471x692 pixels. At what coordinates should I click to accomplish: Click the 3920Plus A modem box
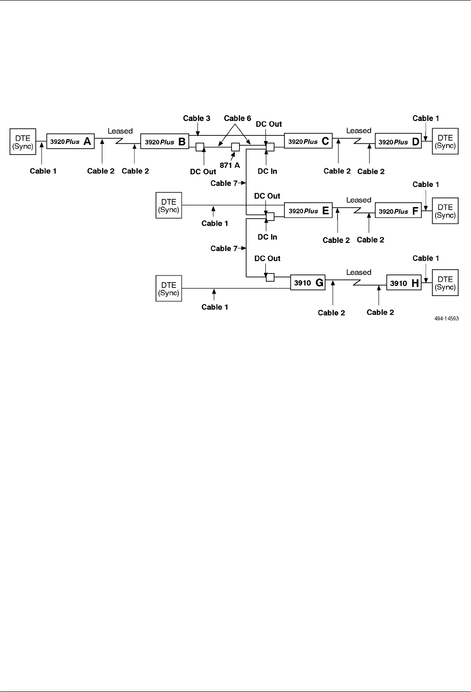pyautogui.click(x=70, y=142)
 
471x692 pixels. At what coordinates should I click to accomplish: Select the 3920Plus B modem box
pyautogui.click(x=164, y=142)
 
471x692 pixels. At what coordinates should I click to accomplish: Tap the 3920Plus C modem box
pyautogui.click(x=308, y=141)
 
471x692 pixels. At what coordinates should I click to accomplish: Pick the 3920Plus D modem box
pyautogui.click(x=398, y=142)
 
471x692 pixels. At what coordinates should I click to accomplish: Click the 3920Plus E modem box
pyautogui.click(x=308, y=210)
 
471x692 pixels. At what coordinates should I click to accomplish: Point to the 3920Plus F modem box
pyautogui.click(x=398, y=211)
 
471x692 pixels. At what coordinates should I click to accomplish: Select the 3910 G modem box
pyautogui.click(x=308, y=283)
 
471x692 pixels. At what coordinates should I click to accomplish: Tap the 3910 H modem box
pyautogui.click(x=404, y=283)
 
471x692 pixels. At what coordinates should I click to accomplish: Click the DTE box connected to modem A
pyautogui.click(x=22, y=142)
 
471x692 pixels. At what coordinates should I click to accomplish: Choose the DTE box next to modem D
pyautogui.click(x=445, y=142)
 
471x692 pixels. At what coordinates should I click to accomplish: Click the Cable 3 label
pyautogui.click(x=197, y=118)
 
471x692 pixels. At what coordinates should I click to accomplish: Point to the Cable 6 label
pyautogui.click(x=237, y=118)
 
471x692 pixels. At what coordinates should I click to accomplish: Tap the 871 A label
pyautogui.click(x=230, y=165)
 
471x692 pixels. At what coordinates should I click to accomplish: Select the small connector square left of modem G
pyautogui.click(x=270, y=277)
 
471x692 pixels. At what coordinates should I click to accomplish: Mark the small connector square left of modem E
pyautogui.click(x=270, y=217)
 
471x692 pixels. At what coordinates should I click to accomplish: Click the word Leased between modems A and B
pyautogui.click(x=120, y=131)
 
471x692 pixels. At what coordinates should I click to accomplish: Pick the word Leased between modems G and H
pyautogui.click(x=359, y=272)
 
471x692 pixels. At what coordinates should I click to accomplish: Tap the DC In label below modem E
pyautogui.click(x=267, y=237)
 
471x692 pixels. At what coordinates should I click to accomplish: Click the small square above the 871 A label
pyautogui.click(x=235, y=147)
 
